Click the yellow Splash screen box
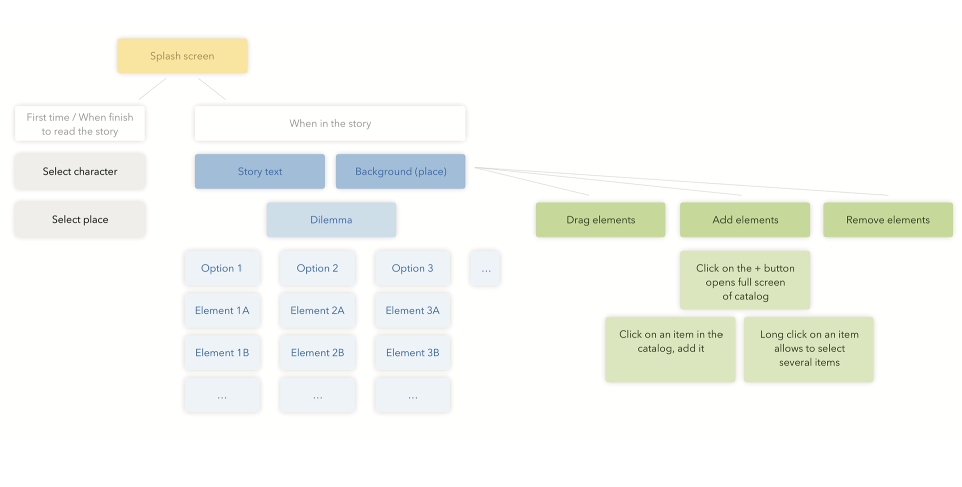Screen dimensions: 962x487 click(x=182, y=56)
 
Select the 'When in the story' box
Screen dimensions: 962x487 click(x=330, y=123)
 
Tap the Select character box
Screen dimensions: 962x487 click(x=80, y=171)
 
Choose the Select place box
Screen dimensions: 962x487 click(x=80, y=219)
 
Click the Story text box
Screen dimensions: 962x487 click(x=260, y=171)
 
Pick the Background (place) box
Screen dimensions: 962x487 click(x=401, y=171)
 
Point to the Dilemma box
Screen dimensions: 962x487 click(x=331, y=220)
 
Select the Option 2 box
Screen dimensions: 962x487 click(x=317, y=268)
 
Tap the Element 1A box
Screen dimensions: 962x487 click(x=222, y=310)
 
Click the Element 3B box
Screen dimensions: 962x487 click(x=413, y=353)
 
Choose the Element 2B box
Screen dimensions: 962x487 click(x=317, y=353)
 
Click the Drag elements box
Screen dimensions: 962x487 click(x=601, y=220)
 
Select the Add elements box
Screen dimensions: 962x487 click(x=745, y=220)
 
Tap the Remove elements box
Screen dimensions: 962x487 click(x=888, y=220)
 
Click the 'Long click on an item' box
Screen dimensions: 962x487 click(x=809, y=349)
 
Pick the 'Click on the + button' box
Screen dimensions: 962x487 click(x=745, y=280)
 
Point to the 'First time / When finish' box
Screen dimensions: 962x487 click(x=80, y=124)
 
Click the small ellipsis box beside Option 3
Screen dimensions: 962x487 click(x=485, y=268)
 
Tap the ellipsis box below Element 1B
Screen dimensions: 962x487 click(x=222, y=395)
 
